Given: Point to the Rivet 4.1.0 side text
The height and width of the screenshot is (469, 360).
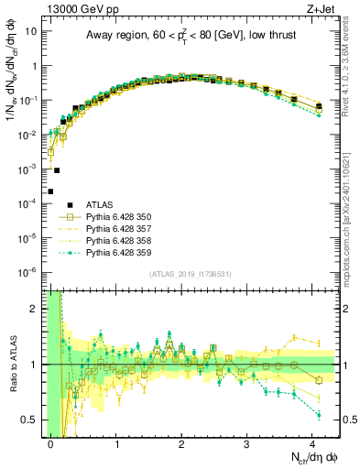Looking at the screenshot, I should pos(351,87).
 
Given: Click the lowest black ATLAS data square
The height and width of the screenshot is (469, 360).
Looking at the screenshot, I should pos(50,191).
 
